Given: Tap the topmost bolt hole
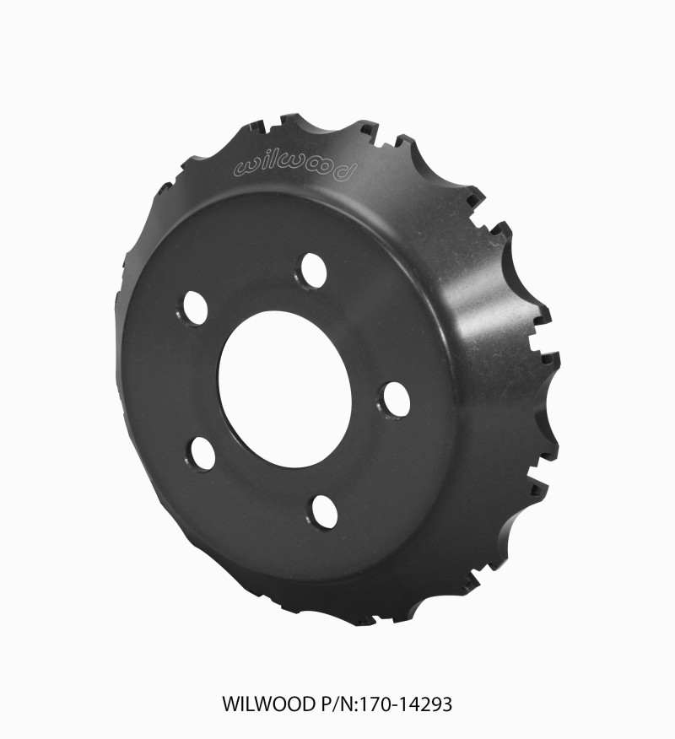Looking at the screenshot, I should pos(312,270).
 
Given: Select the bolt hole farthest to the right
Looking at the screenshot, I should pos(394,399).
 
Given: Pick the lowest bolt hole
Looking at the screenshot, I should pos(323,511).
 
